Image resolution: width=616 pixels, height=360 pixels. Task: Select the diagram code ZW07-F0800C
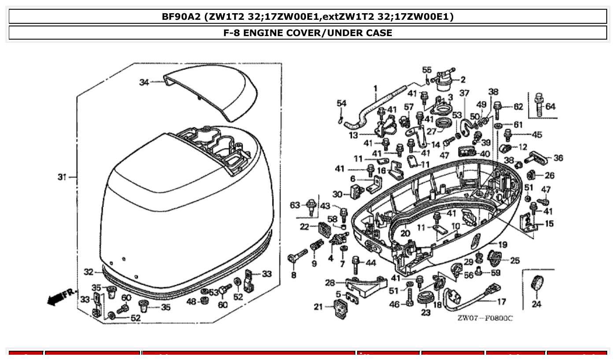click(484, 318)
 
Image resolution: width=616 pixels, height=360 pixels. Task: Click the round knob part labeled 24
click(536, 283)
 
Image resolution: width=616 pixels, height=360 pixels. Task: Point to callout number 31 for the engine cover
click(62, 177)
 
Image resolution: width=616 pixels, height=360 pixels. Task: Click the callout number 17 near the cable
click(502, 302)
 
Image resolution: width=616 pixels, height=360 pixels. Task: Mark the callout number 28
click(330, 283)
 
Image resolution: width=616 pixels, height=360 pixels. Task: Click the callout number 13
click(354, 135)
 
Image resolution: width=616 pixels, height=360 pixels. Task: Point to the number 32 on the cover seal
click(89, 272)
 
